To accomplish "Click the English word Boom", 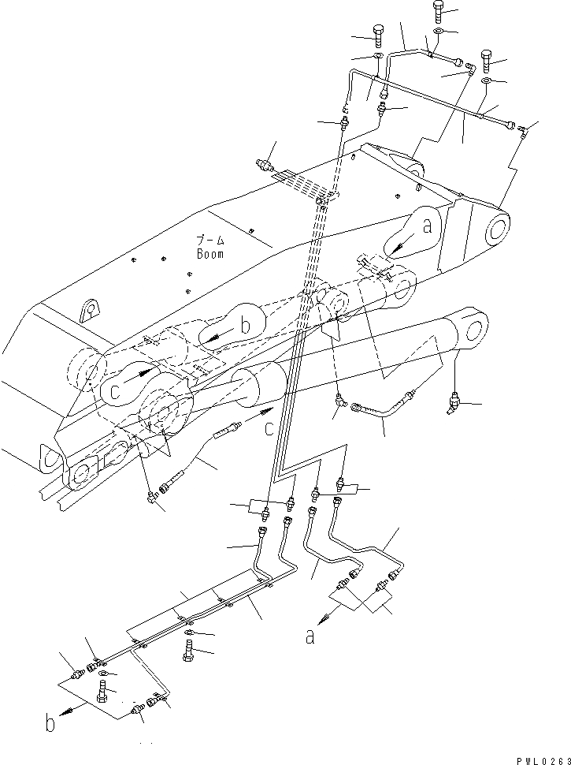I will click(x=210, y=254).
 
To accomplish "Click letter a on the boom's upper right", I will click(x=427, y=227).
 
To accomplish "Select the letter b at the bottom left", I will click(x=50, y=723).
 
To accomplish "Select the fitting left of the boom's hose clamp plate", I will click(x=264, y=166).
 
